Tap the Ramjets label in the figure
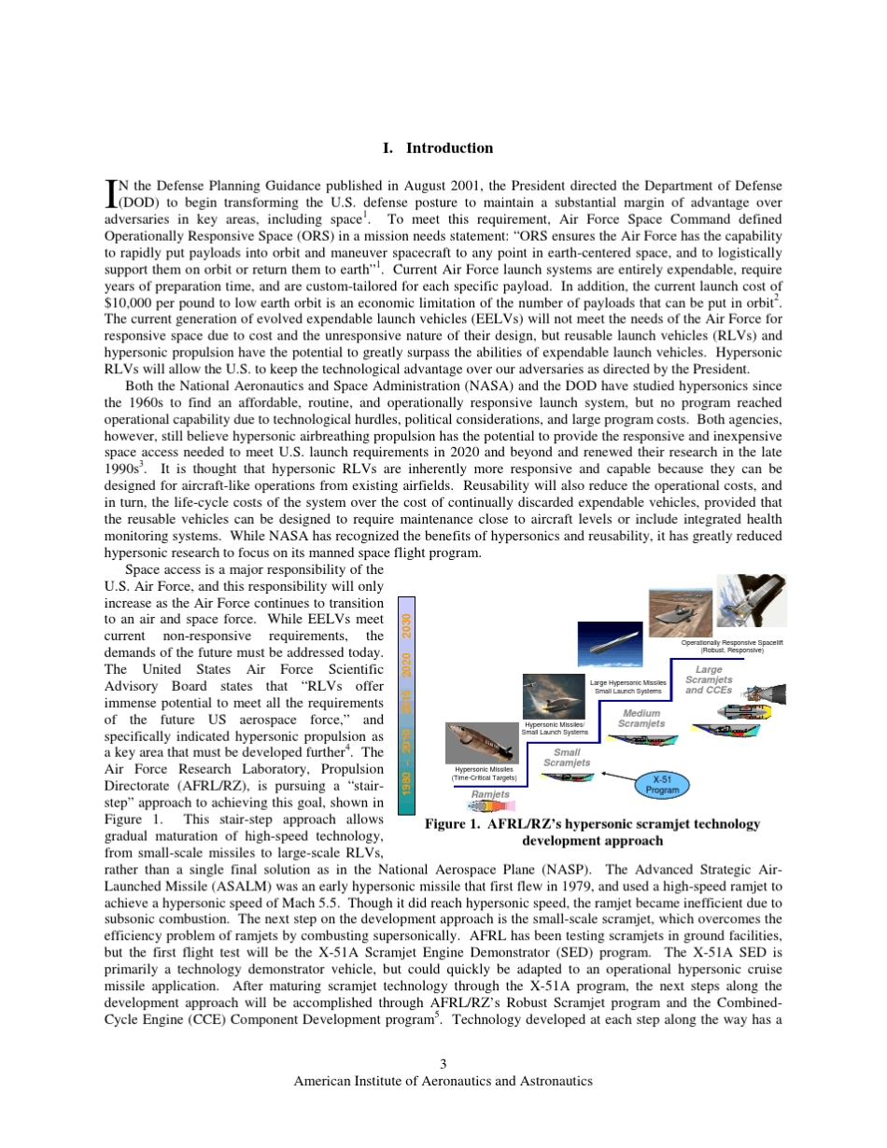click(490, 794)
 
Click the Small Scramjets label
click(567, 757)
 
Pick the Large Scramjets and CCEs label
click(709, 680)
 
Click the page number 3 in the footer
click(443, 1064)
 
